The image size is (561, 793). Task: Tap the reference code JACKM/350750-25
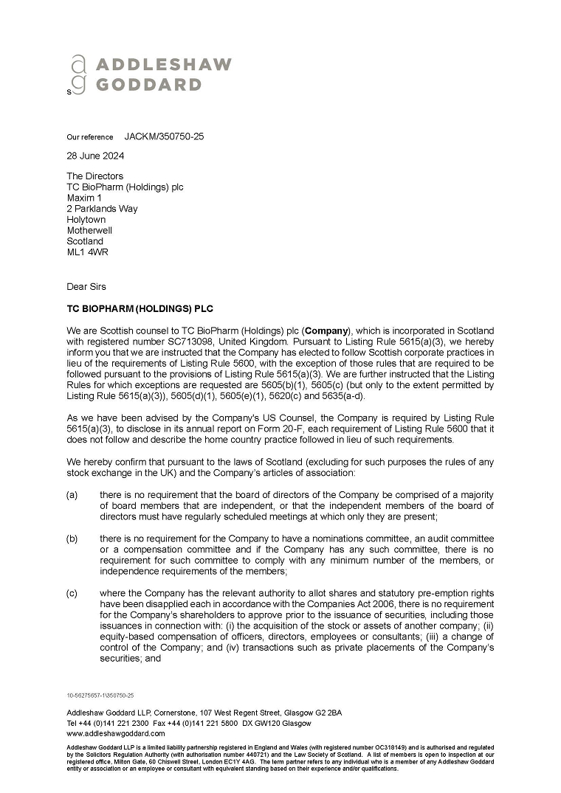pyautogui.click(x=164, y=136)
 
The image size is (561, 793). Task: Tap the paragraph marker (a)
pyautogui.click(x=72, y=494)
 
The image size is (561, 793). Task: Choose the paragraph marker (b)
pyautogui.click(x=72, y=539)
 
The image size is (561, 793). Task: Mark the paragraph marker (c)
pyautogui.click(x=72, y=594)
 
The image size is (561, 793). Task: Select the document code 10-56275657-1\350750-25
pyautogui.click(x=100, y=695)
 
